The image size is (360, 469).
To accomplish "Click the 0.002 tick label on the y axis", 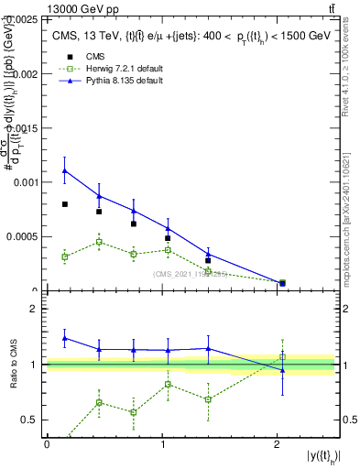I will [x=22, y=73].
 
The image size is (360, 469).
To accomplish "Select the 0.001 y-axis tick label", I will [x=22, y=182].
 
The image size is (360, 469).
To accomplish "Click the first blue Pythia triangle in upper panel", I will [x=65, y=170].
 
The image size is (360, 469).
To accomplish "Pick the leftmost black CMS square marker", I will [x=65, y=204].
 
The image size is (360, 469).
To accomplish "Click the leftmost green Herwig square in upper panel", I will [x=65, y=256].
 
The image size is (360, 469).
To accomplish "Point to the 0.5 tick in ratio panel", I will [x=33, y=420].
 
